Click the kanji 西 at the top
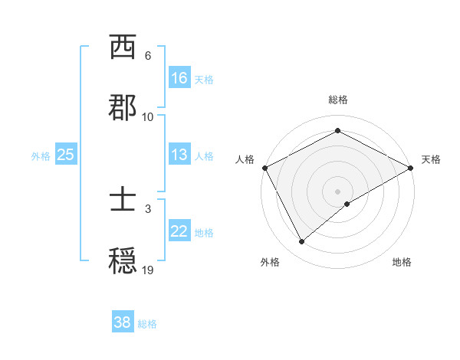pos(123,48)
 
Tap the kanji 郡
pos(123,108)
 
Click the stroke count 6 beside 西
pos(148,56)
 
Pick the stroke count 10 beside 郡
pos(148,116)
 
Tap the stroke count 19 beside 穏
pos(148,270)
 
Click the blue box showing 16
pos(179,78)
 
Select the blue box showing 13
pos(179,155)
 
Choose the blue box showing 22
pos(179,231)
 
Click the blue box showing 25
pos(66,155)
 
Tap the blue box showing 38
pos(123,323)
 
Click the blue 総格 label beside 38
pos(148,324)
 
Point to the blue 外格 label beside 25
pos(41,155)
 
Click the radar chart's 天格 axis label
pos(431,159)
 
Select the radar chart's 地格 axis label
pos(402,262)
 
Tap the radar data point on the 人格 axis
pos(264,167)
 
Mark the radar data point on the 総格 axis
pos(337,131)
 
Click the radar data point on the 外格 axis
pos(302,242)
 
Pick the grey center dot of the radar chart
pos(337,191)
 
